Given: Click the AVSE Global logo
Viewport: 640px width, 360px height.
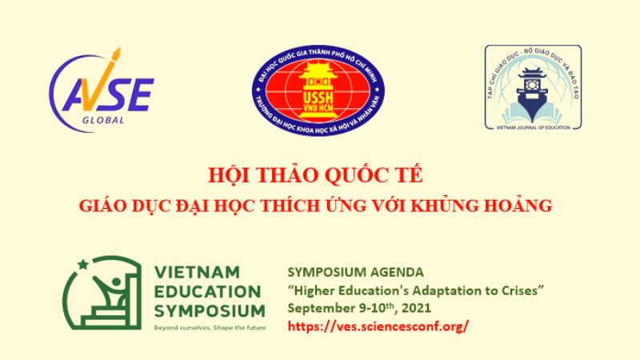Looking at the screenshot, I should [x=101, y=90].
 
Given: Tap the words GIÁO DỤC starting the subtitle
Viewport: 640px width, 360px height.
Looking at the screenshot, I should [x=117, y=205].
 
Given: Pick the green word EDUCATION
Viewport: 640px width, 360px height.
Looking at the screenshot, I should [x=206, y=290].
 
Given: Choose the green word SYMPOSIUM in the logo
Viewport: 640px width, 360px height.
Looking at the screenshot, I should [x=209, y=310].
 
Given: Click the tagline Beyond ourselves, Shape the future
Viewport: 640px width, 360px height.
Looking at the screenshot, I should [x=210, y=328].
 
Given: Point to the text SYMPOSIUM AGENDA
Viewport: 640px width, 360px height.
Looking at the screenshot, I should [x=343, y=272].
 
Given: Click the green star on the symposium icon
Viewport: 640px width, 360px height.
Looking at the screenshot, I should [x=81, y=266].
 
